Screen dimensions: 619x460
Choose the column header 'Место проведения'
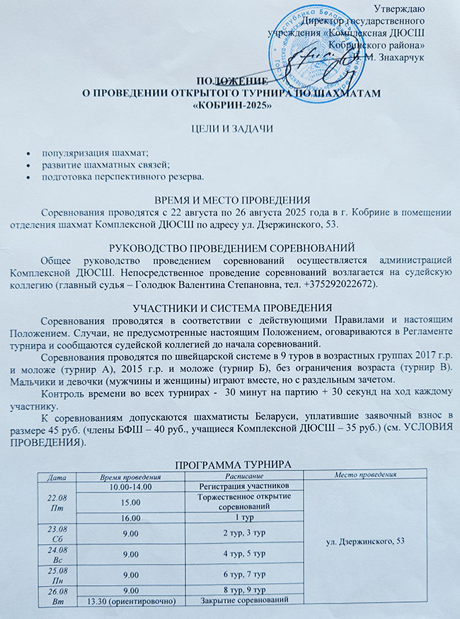[360, 475]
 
